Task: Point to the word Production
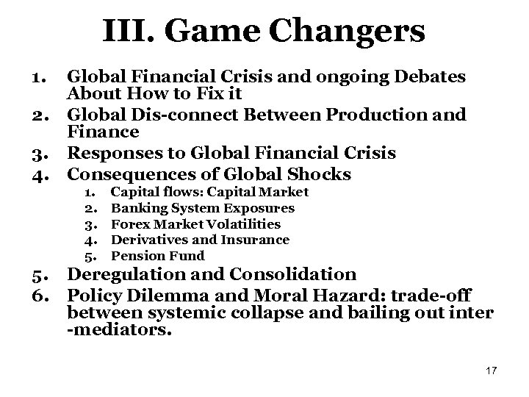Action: pos(375,115)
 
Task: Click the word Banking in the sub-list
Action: pos(134,208)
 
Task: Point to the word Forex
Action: pos(129,223)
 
